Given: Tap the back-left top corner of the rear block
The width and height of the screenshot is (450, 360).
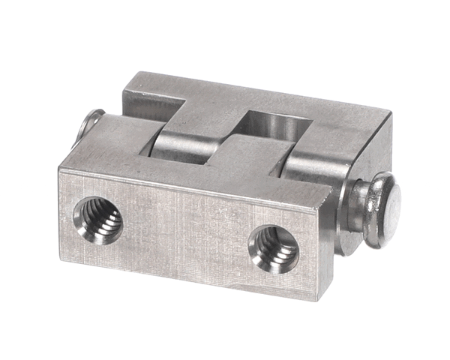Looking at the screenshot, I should (135, 73).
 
